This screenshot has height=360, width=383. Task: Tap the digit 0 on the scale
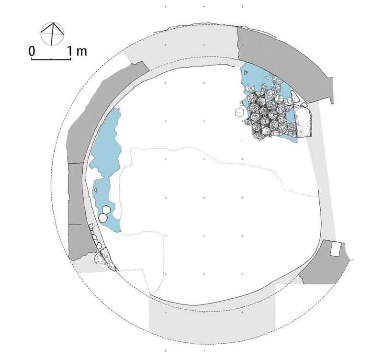pyautogui.click(x=32, y=51)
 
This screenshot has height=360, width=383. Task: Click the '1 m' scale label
pyautogui.click(x=77, y=51)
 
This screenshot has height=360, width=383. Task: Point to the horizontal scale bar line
pyautogui.click(x=51, y=59)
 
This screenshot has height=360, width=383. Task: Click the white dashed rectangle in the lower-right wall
pyautogui.click(x=336, y=249)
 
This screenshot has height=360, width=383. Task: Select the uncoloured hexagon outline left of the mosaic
pyautogui.click(x=239, y=112)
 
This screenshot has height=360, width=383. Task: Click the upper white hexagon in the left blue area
pyautogui.click(x=106, y=210)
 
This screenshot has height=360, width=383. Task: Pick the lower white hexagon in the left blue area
pyautogui.click(x=103, y=218)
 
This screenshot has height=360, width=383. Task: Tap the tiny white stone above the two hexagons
pyautogui.click(x=96, y=190)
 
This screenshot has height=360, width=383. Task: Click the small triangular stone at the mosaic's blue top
pyautogui.click(x=246, y=72)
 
